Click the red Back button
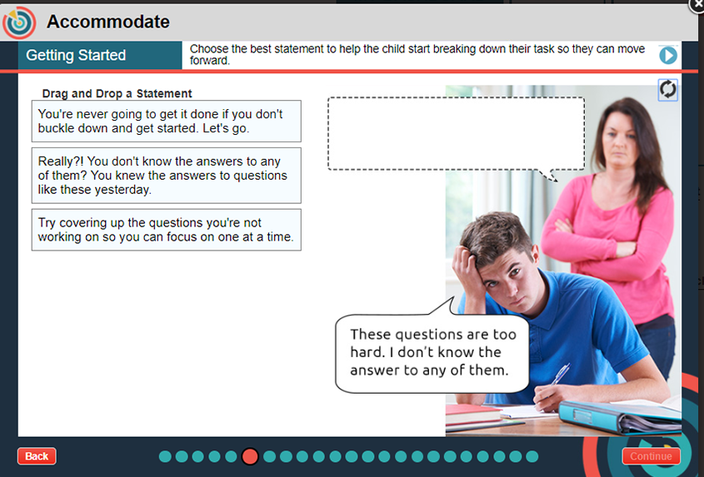point(37,456)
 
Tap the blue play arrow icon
point(668,55)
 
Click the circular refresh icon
point(667,89)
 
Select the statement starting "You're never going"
point(166,122)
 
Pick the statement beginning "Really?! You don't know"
point(166,176)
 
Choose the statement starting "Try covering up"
point(166,230)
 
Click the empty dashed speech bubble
point(456,134)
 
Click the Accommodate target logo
point(19,22)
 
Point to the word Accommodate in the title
point(108,22)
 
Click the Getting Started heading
point(76,55)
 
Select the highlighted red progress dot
point(250,456)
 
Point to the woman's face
point(620,140)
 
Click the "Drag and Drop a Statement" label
point(117,93)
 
